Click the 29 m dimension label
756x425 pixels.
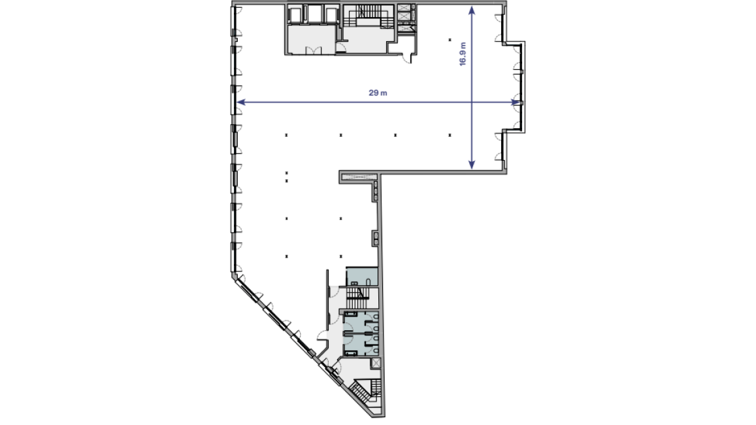tap(378, 93)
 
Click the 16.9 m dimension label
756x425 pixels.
tap(463, 54)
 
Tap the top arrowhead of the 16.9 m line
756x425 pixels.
tap(472, 10)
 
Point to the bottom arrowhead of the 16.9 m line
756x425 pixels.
tap(472, 165)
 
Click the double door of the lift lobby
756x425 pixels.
tap(314, 50)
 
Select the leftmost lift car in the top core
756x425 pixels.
tap(297, 14)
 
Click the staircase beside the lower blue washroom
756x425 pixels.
tap(358, 297)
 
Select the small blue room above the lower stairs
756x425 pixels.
tap(361, 277)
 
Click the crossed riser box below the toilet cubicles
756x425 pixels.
tap(376, 363)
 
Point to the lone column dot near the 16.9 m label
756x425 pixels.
tap(450, 39)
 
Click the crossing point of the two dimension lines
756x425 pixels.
tap(472, 102)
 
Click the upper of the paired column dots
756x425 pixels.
tap(286, 173)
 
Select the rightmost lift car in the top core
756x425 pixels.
tap(332, 14)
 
